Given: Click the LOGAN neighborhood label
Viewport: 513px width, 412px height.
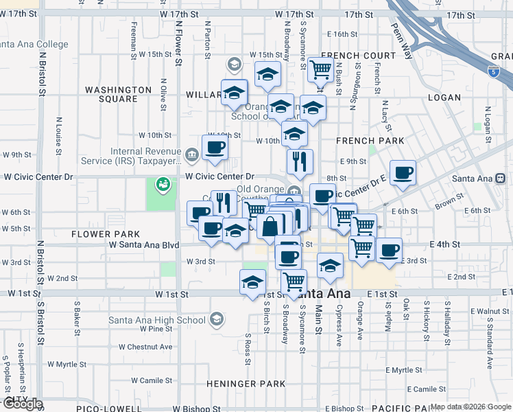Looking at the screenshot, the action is tap(444, 98).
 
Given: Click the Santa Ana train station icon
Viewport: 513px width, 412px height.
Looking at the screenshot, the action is tap(501, 179).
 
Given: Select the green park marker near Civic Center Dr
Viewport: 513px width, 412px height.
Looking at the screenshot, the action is tap(163, 184).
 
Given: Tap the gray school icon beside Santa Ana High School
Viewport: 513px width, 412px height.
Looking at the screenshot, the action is tap(216, 319).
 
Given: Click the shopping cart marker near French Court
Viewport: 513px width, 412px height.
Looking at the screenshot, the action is tap(320, 69).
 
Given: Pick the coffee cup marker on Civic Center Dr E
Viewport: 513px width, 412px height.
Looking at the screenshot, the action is tap(403, 172).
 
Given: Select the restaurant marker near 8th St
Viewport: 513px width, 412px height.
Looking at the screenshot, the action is tap(300, 161).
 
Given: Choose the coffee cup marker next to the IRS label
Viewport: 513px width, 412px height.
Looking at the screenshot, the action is tap(215, 146).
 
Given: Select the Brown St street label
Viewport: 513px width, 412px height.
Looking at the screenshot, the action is tap(449, 202).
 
